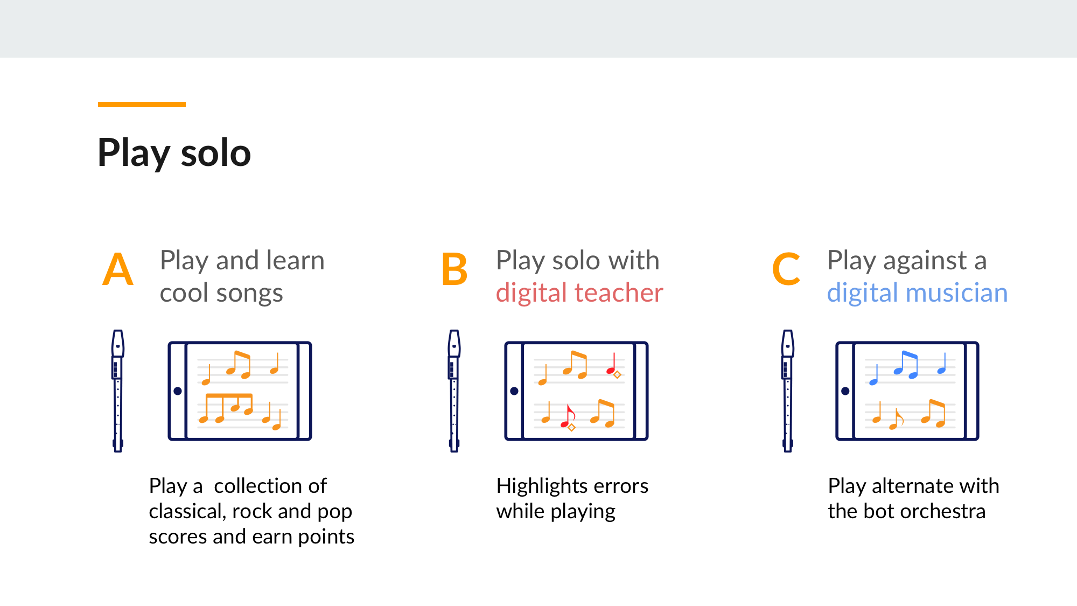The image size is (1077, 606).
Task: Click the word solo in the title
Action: (216, 153)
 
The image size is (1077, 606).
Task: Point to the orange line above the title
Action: (142, 105)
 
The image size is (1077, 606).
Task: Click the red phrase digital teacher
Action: (579, 293)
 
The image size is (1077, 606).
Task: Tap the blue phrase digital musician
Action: (917, 293)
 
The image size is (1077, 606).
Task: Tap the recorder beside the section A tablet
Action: (118, 391)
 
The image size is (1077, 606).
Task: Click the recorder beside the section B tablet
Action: (454, 391)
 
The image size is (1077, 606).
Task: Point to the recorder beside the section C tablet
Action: (788, 391)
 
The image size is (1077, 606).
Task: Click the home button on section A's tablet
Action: (178, 391)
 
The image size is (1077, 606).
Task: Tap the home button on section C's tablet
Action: (845, 391)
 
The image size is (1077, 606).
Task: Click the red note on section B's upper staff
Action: (613, 365)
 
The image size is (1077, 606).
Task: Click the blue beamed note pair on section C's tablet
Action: (906, 365)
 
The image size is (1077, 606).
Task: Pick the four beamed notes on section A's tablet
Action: (228, 408)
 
